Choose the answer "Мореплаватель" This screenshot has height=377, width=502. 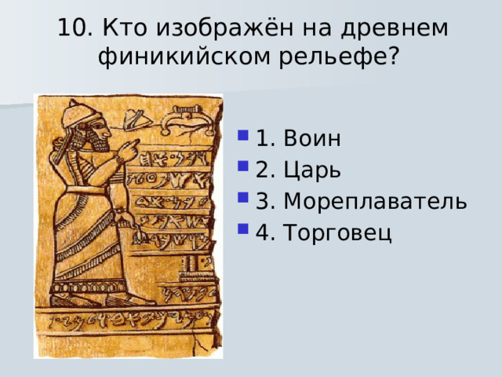point(376,202)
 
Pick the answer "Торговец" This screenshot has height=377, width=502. point(337,233)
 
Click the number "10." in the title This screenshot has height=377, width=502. point(75,27)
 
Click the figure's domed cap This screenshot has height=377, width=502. point(80,114)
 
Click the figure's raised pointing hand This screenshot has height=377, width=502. point(129,148)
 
